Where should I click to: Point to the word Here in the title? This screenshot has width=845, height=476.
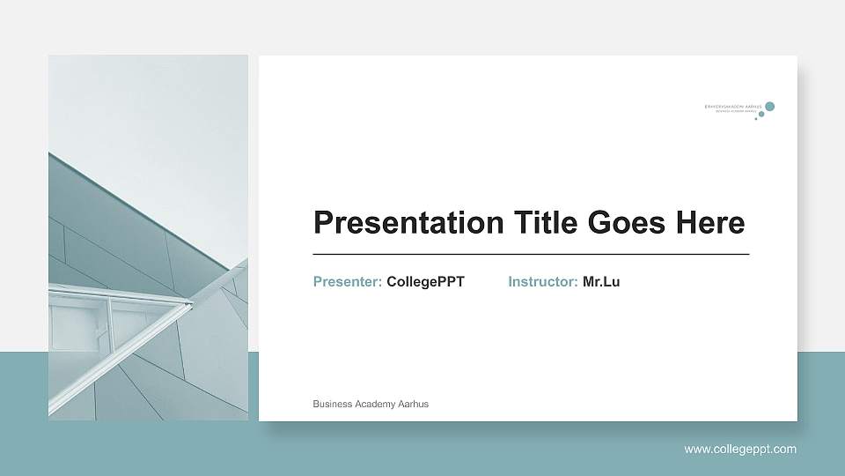(x=710, y=223)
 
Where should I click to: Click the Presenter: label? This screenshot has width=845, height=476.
(x=348, y=282)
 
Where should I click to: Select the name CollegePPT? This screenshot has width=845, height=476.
(x=425, y=282)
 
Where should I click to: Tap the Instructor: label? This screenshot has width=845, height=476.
(x=543, y=282)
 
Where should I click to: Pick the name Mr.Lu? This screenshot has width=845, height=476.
(x=601, y=282)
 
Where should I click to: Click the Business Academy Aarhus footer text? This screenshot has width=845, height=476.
(x=371, y=404)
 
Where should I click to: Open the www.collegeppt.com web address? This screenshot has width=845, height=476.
(x=740, y=450)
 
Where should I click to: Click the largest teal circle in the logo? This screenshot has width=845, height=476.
(x=770, y=107)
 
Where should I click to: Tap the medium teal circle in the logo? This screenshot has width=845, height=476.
(x=762, y=113)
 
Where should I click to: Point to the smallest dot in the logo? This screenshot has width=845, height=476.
(x=755, y=119)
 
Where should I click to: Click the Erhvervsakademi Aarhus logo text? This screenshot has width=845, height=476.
(x=733, y=107)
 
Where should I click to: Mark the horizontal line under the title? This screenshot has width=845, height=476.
(x=531, y=254)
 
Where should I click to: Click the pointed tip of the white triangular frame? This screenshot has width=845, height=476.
(x=191, y=304)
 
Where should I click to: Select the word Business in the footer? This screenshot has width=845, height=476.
(x=332, y=404)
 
